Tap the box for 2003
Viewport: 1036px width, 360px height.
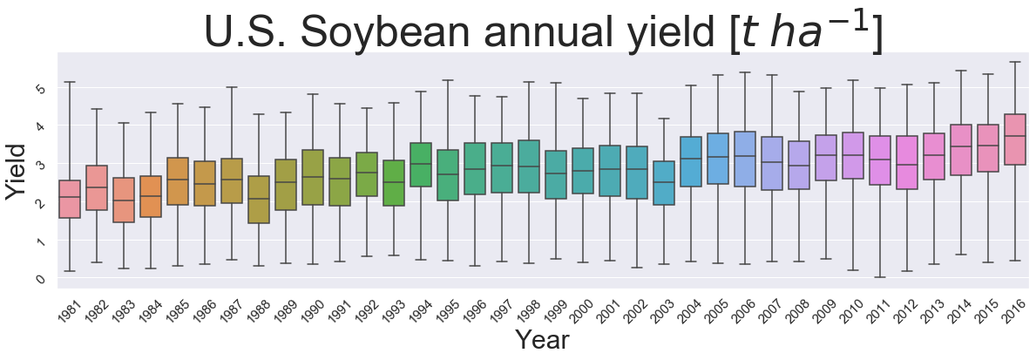664,183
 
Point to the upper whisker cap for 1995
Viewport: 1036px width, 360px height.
448,80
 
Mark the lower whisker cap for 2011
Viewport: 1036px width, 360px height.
880,277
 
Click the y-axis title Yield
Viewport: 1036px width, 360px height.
15,172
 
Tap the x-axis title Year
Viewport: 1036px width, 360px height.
542,340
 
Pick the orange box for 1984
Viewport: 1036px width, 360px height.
151,196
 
